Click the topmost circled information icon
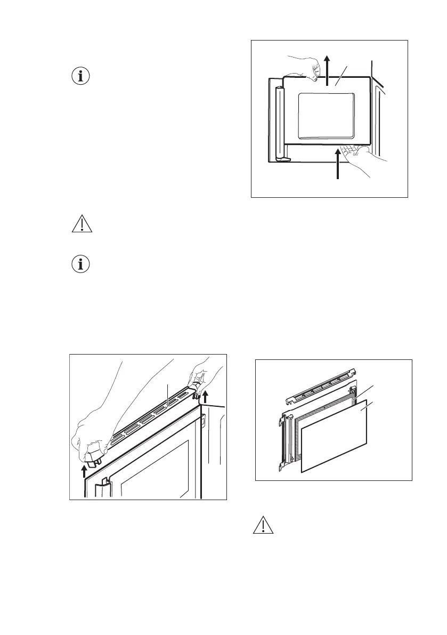coord(82,76)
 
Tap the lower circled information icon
coord(82,265)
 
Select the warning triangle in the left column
coord(82,224)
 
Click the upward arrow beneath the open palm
coord(338,165)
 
